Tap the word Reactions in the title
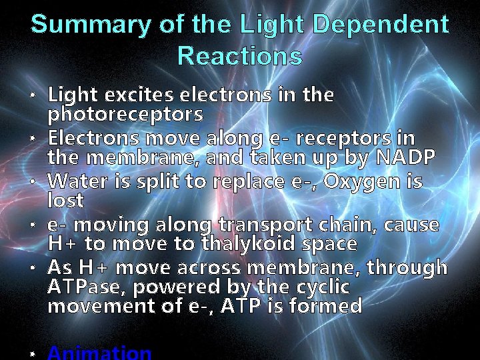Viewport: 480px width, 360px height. (x=240, y=56)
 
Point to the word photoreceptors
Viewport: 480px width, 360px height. (x=125, y=114)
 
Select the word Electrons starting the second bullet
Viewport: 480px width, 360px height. (x=94, y=139)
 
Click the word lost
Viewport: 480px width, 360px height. (x=65, y=200)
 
